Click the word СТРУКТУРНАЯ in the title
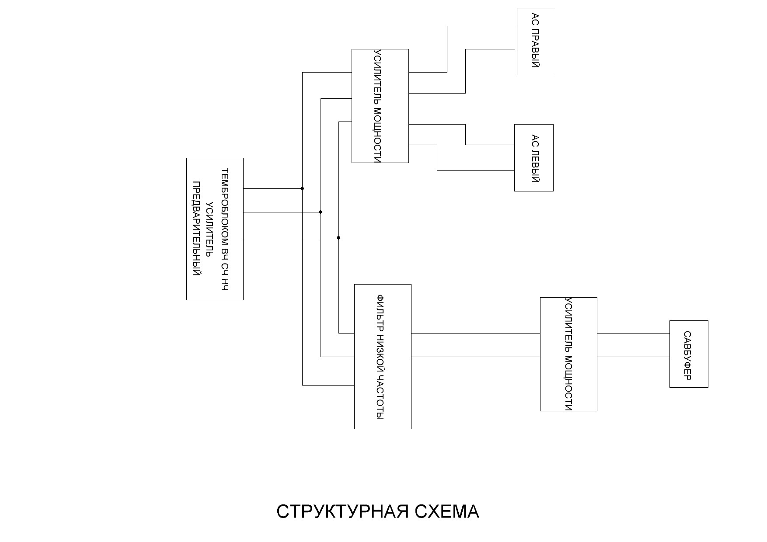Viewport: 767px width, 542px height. point(342,511)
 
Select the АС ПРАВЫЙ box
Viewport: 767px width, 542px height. point(536,42)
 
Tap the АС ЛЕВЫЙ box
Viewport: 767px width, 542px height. point(533,158)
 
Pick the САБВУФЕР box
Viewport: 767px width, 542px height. point(688,354)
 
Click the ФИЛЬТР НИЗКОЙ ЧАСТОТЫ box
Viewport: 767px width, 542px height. point(382,357)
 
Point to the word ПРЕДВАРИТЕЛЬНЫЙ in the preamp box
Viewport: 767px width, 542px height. point(197,228)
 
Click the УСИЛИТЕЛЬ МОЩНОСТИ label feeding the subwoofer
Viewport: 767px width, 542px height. point(568,354)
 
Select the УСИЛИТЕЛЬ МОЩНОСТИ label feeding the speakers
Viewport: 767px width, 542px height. point(379,106)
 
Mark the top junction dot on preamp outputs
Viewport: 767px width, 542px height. point(302,188)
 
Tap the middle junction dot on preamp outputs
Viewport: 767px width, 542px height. point(321,212)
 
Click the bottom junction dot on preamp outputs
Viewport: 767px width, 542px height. point(338,238)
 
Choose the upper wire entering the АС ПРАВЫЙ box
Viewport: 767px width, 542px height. point(481,26)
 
